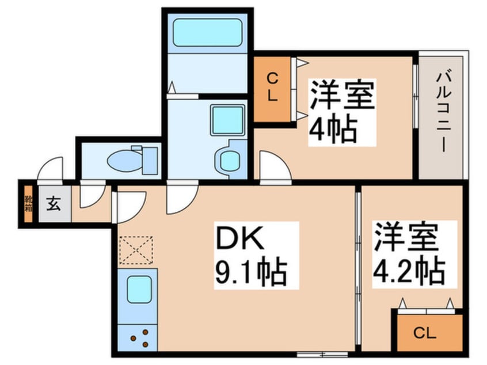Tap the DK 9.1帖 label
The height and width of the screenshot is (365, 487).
tap(250, 256)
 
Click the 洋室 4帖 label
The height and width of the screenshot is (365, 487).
tap(342, 112)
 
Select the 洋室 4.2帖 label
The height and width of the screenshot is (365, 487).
tap(409, 254)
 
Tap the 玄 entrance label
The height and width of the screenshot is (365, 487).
tap(54, 203)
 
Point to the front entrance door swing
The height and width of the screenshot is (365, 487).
tap(51, 170)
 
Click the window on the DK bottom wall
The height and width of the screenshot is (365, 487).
tap(322, 353)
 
